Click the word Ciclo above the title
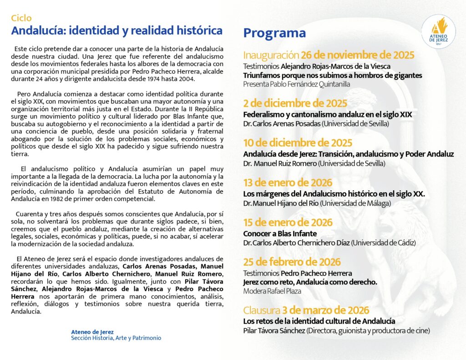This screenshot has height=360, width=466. click(x=21, y=18)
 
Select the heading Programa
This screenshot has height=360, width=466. click(x=274, y=33)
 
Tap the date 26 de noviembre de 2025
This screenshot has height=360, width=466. click(x=357, y=56)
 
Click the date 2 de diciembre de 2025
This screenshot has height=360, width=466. click(x=295, y=103)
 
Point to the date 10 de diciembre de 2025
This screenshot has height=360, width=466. click(x=298, y=143)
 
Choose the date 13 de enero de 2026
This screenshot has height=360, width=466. click(x=288, y=183)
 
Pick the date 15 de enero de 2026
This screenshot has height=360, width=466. click(x=288, y=223)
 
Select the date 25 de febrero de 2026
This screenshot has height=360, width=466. click(x=292, y=262)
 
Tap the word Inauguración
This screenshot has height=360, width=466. click(x=270, y=56)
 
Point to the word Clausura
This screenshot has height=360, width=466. click(x=261, y=310)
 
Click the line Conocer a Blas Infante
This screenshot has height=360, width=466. click(x=280, y=234)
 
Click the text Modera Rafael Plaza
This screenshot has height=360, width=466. click(x=272, y=291)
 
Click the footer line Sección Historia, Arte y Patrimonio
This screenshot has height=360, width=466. click(x=116, y=338)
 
